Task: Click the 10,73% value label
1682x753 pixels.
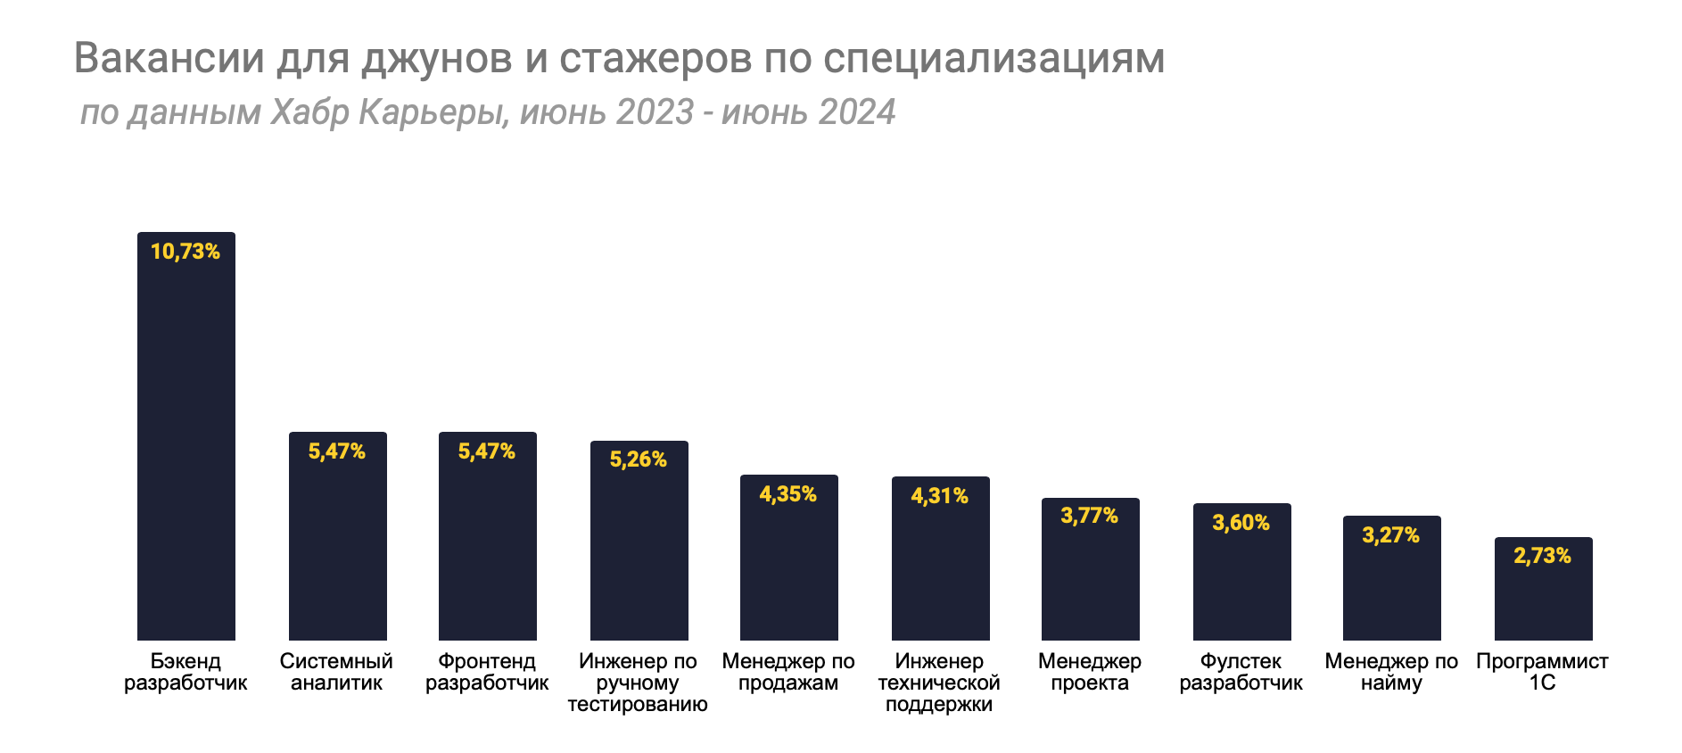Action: [186, 252]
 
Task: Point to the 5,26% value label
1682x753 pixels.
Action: [639, 459]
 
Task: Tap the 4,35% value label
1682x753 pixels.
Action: [788, 494]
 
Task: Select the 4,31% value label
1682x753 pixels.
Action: [940, 496]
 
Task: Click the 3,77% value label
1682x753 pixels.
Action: [1090, 516]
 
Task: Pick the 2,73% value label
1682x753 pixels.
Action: [1543, 556]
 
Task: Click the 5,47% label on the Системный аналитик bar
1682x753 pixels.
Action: [337, 451]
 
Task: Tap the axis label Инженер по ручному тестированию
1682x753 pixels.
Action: [638, 683]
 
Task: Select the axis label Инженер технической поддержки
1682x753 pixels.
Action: [939, 683]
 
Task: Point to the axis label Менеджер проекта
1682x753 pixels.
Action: [1090, 673]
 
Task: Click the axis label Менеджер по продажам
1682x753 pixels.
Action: [788, 673]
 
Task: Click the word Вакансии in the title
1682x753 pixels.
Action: [169, 58]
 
